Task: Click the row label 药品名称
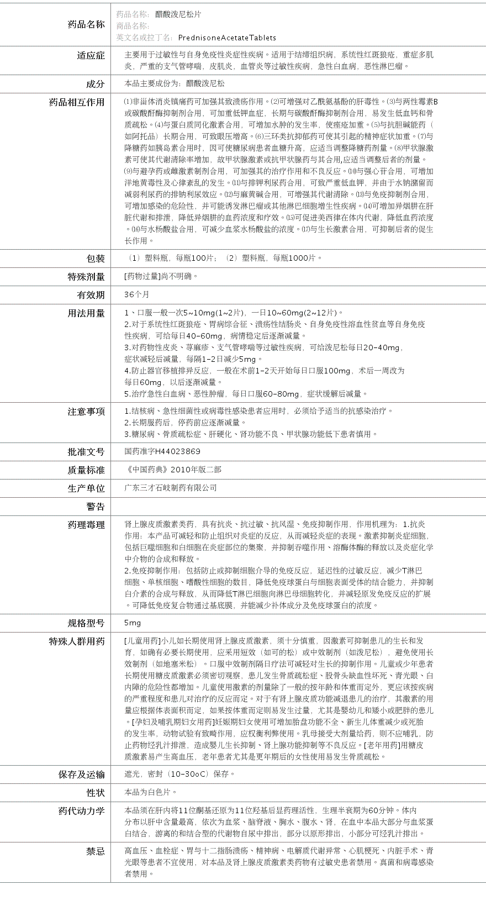[x=86, y=24]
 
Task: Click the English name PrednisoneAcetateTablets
[x=227, y=38]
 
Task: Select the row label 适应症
[x=91, y=55]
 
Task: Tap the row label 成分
[x=95, y=84]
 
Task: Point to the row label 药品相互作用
[x=77, y=102]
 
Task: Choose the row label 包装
[x=95, y=259]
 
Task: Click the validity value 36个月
[x=136, y=294]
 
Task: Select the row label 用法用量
[x=86, y=313]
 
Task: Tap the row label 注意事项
[x=86, y=412]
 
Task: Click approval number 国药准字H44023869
[x=162, y=451]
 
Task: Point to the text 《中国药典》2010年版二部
[x=173, y=470]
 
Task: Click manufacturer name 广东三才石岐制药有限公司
[x=171, y=488]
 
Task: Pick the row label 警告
[x=95, y=507]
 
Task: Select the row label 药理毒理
[x=86, y=525]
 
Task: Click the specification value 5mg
[x=133, y=623]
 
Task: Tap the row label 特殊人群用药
[x=77, y=641]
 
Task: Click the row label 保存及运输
[x=81, y=775]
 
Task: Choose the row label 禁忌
[x=95, y=851]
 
